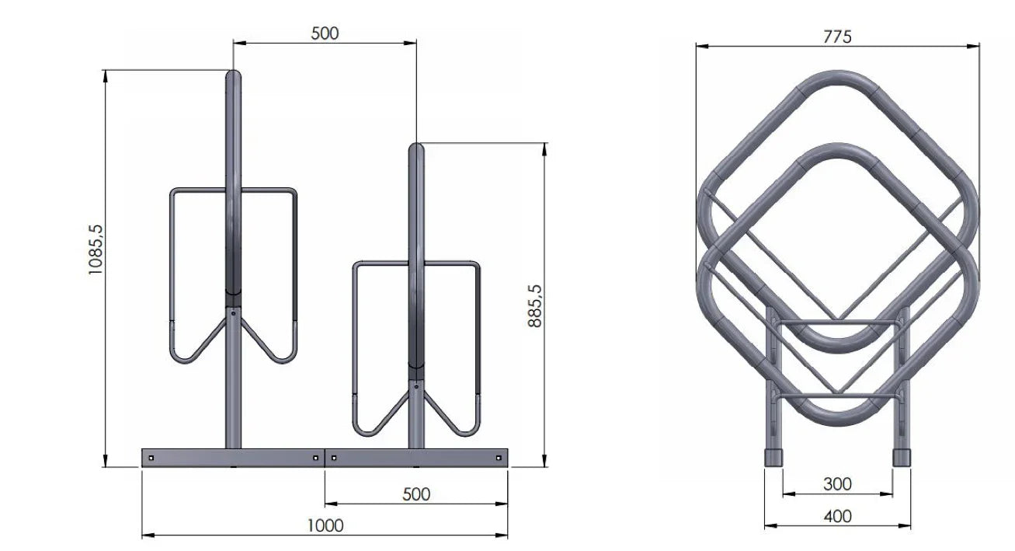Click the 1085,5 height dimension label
[x=96, y=249]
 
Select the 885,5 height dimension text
[x=534, y=305]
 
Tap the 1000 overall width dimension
[x=325, y=525]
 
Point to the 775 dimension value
[x=836, y=37]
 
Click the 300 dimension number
[x=837, y=484]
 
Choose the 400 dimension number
[x=837, y=516]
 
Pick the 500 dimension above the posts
[x=325, y=33]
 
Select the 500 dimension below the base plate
[x=416, y=494]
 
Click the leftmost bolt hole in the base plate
[x=151, y=458]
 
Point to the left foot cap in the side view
[x=773, y=457]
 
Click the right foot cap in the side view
[x=901, y=457]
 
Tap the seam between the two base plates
[x=325, y=458]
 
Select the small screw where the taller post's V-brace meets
[x=233, y=313]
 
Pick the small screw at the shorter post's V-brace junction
[x=417, y=385]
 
